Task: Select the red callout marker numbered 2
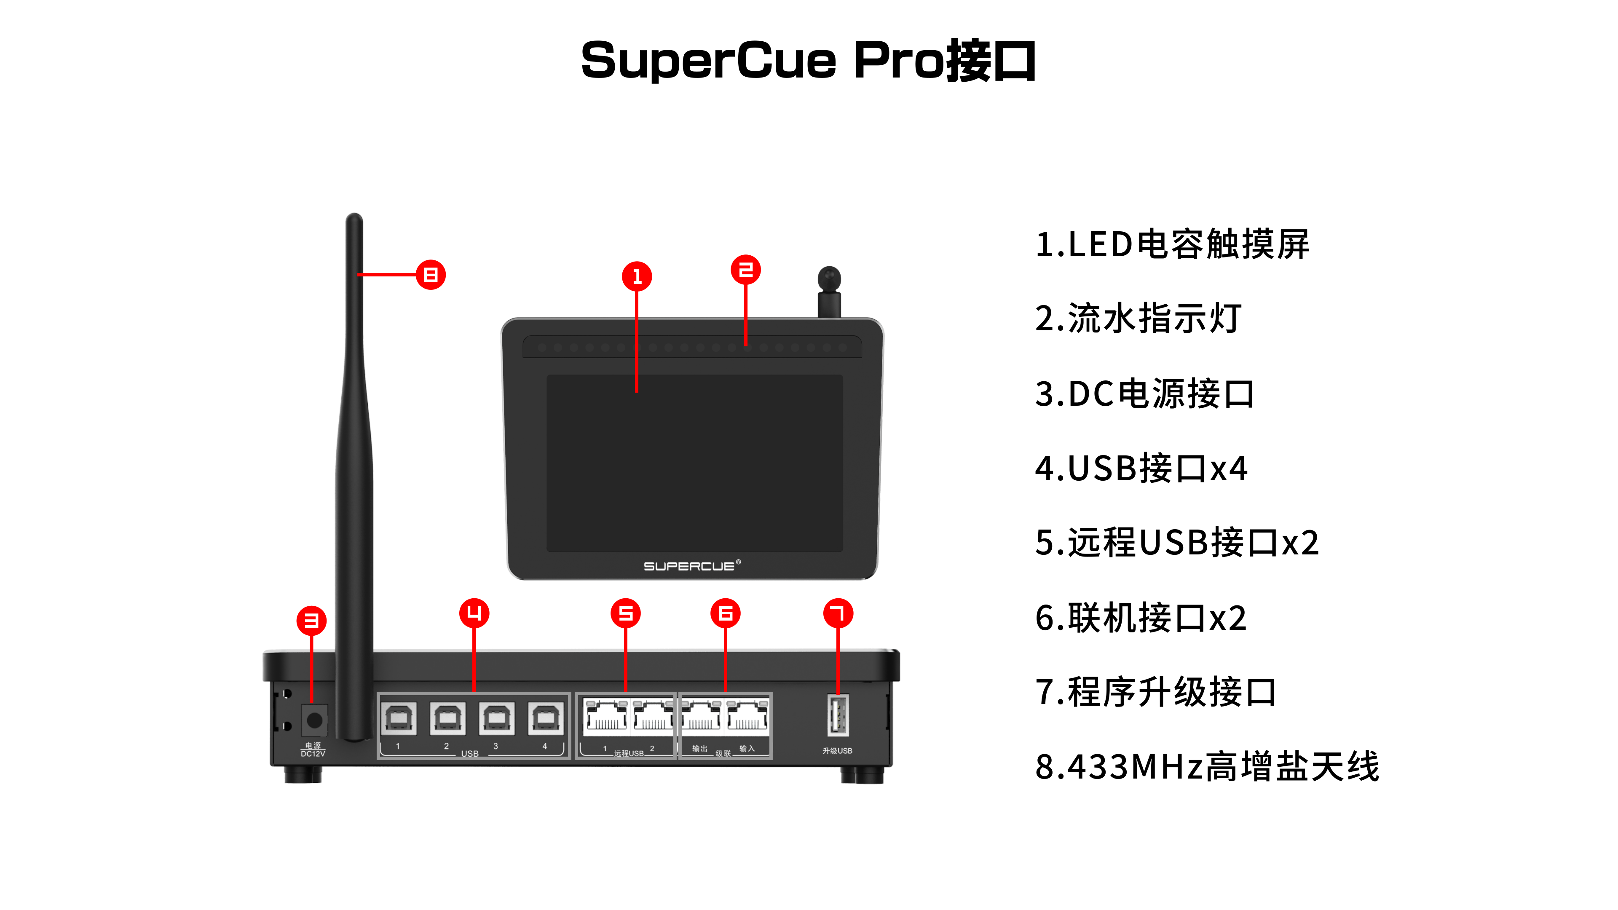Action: (x=745, y=270)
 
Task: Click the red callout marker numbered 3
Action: (x=311, y=621)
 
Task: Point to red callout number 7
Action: (x=838, y=613)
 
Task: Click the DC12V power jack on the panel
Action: (x=314, y=720)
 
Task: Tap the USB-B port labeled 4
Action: (x=545, y=718)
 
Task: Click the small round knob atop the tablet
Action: (x=829, y=279)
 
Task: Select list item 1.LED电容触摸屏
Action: (x=1172, y=244)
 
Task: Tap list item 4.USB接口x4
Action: (x=1141, y=468)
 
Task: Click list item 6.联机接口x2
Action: (x=1140, y=618)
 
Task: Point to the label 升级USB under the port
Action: (x=837, y=750)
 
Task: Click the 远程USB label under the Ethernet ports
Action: (x=629, y=753)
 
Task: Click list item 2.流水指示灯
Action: (x=1138, y=318)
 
